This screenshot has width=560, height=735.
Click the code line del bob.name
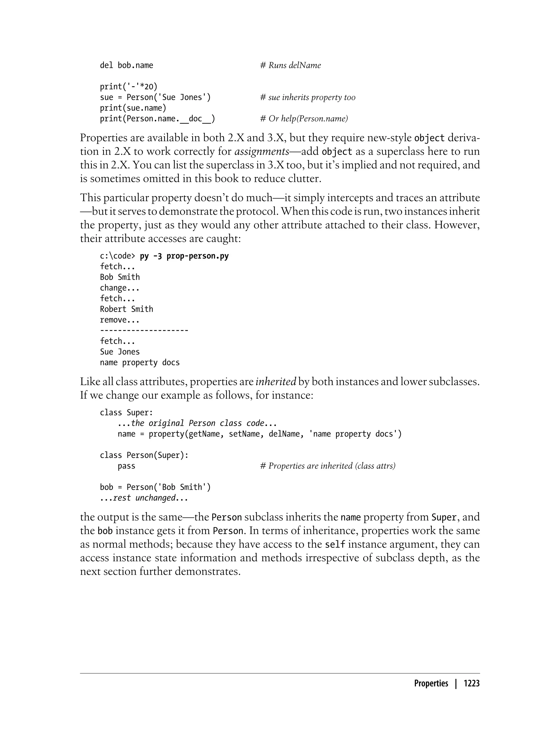pyautogui.click(x=126, y=65)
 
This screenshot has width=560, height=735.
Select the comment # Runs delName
pyautogui.click(x=290, y=65)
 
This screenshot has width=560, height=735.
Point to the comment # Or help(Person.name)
pyautogui.click(x=304, y=118)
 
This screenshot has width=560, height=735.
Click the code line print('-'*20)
pyautogui.click(x=129, y=87)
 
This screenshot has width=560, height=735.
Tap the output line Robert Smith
pyautogui.click(x=126, y=309)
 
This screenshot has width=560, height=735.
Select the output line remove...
pyautogui.click(x=119, y=320)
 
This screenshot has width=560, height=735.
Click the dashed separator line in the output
pyautogui.click(x=144, y=330)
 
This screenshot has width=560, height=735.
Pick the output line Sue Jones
pyautogui.click(x=120, y=352)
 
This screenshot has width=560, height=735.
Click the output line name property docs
pyautogui.click(x=140, y=362)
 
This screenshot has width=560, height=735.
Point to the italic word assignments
pyautogui.click(x=262, y=151)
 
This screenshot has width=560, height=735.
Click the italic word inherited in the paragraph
pyautogui.click(x=276, y=381)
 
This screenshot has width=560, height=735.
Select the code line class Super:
pyautogui.click(x=126, y=413)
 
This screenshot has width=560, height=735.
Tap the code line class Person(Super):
pyautogui.click(x=144, y=455)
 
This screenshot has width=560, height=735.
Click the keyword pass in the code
pyautogui.click(x=126, y=466)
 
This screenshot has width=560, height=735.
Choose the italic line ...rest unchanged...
pyautogui.click(x=144, y=498)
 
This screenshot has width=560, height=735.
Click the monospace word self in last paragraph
pyautogui.click(x=335, y=545)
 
